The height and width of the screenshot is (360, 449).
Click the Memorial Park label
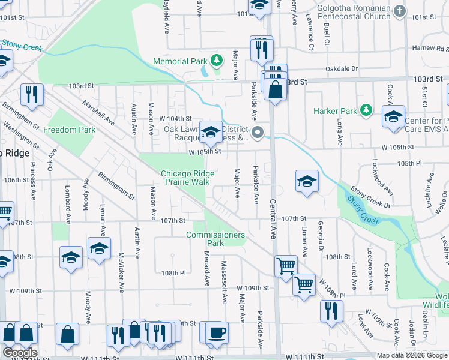179,61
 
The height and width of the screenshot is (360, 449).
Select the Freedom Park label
70,130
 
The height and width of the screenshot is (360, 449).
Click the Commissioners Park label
215,239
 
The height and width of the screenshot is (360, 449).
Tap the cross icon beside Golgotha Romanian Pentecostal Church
400,11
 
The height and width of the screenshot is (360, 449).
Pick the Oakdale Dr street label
342,69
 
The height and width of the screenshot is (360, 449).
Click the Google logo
20,353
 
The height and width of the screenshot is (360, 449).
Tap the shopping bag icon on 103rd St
275,91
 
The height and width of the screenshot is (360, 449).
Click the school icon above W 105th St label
211,132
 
